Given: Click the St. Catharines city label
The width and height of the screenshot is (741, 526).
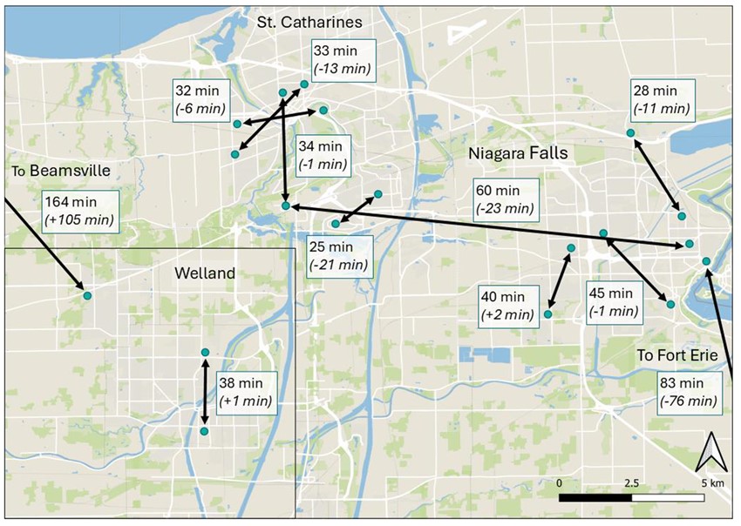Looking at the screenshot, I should pyautogui.click(x=309, y=20).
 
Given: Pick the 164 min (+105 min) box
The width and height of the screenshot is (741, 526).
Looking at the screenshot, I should pyautogui.click(x=79, y=211).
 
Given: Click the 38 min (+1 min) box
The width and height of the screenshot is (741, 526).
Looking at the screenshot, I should pyautogui.click(x=243, y=392).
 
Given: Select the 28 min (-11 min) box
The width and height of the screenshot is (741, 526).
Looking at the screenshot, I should pyautogui.click(x=663, y=99).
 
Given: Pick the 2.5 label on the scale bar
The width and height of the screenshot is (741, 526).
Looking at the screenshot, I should pyautogui.click(x=630, y=482).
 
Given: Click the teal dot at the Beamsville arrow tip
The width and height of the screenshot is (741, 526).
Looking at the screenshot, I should pyautogui.click(x=87, y=295).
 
